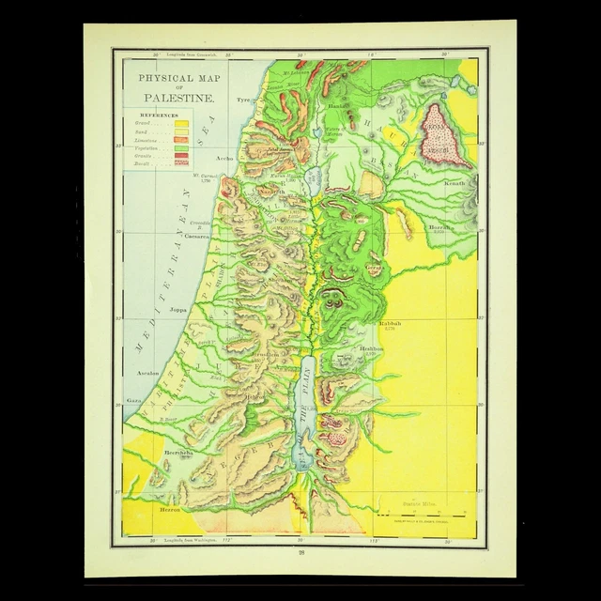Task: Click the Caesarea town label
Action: click(x=196, y=237)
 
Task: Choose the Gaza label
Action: click(x=134, y=400)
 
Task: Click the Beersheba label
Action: click(x=177, y=453)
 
